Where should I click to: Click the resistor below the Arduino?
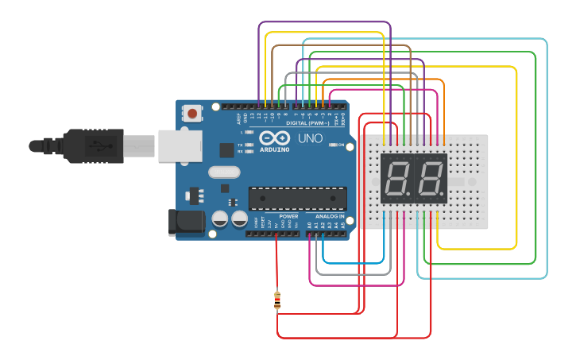276,301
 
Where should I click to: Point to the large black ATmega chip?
298,199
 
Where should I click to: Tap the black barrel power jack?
184,222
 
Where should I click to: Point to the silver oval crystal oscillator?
223,172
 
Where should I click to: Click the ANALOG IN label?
330,216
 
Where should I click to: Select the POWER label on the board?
288,216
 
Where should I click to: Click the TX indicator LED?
250,144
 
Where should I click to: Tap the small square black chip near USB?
227,149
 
